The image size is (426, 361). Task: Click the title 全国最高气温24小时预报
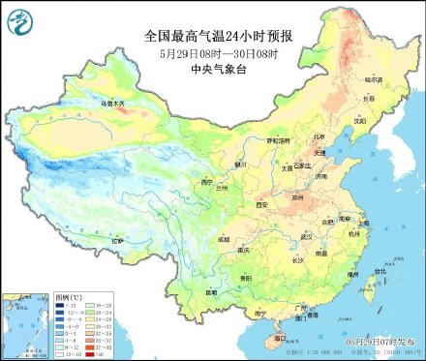218,36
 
